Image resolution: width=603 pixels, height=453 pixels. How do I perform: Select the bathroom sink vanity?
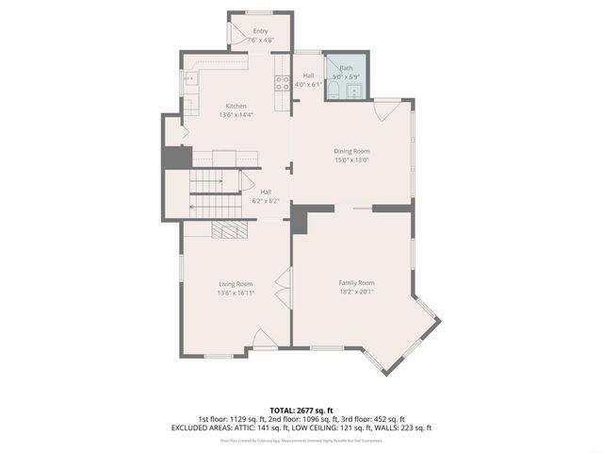click(x=355, y=91)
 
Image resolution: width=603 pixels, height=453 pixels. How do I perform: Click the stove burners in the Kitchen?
click(x=281, y=82)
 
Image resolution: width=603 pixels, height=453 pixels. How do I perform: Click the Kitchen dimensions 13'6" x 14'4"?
click(x=236, y=115)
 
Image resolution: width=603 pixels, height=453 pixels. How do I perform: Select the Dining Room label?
click(x=351, y=151)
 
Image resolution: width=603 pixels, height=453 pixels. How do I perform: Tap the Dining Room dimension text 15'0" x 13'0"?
click(x=351, y=160)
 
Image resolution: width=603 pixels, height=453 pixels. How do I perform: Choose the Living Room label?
click(x=236, y=283)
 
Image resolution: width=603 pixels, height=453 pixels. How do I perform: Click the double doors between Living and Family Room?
click(x=281, y=284)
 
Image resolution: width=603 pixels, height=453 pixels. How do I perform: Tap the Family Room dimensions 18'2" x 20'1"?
click(x=356, y=292)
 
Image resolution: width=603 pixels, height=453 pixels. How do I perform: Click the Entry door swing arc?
click(x=236, y=35)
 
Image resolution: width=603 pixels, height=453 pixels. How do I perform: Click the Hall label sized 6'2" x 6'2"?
click(x=265, y=196)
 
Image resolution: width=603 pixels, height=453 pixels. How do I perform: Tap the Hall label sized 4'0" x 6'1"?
click(x=308, y=79)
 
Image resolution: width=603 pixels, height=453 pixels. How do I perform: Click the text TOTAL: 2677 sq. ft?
click(x=301, y=411)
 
